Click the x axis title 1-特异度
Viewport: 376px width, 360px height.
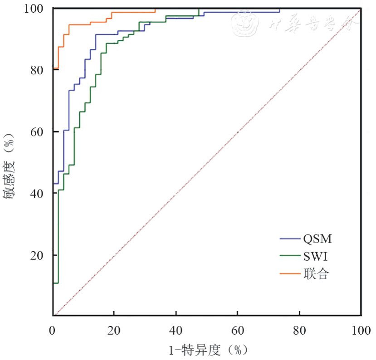click(x=207, y=350)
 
